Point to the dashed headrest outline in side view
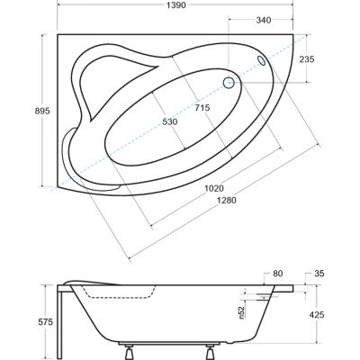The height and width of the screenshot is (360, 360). [99, 291]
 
